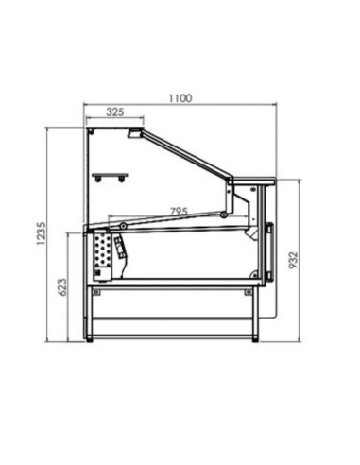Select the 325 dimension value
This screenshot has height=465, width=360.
click(x=114, y=112)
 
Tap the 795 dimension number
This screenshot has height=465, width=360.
click(x=177, y=211)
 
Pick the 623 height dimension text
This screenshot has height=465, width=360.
click(x=62, y=287)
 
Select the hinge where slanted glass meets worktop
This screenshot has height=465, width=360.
click(x=231, y=178)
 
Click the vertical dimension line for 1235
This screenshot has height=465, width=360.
click(x=49, y=236)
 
